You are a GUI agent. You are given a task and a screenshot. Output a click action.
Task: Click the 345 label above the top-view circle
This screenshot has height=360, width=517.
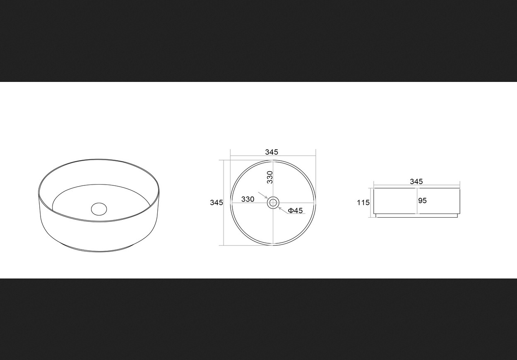pyautogui.click(x=272, y=152)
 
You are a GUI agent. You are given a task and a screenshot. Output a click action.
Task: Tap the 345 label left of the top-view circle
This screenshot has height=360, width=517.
pyautogui.click(x=216, y=202)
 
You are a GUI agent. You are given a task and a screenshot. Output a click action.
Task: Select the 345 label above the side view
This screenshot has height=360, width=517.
pyautogui.click(x=416, y=182)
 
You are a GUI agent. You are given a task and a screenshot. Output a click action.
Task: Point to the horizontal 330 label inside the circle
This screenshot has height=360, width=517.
pyautogui.click(x=248, y=199)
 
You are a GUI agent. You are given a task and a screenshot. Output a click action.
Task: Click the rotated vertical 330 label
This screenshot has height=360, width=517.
pyautogui.click(x=270, y=177)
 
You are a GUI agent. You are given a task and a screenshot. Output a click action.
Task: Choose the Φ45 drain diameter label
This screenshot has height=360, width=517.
pyautogui.click(x=295, y=211)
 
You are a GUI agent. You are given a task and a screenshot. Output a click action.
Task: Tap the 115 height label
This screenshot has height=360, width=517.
pyautogui.click(x=363, y=203)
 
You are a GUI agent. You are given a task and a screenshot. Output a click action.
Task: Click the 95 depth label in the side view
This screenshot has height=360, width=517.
pyautogui.click(x=422, y=201)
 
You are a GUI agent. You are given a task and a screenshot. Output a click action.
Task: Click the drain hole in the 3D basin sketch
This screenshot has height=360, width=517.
pyautogui.click(x=99, y=209)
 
